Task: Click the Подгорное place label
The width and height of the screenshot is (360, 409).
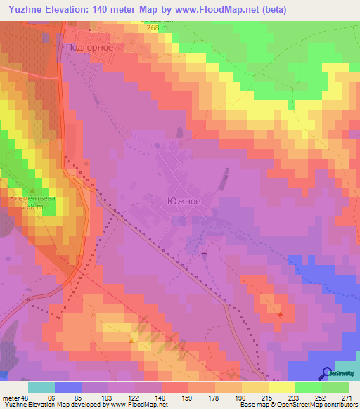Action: point(89,48)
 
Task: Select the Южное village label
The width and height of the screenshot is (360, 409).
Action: point(184,201)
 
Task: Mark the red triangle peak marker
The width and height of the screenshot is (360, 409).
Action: point(281,314)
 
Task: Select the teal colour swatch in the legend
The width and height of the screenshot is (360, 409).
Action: point(41,387)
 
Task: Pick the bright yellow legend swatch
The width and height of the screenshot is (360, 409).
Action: point(281,387)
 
